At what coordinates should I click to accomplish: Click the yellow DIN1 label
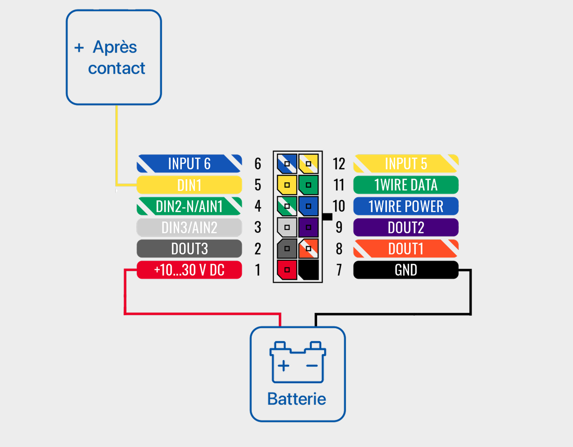pyautogui.click(x=189, y=185)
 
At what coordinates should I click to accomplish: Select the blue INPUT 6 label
pyautogui.click(x=189, y=163)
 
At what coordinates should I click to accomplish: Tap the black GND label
pyautogui.click(x=406, y=270)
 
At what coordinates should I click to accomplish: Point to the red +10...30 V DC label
pyautogui.click(x=189, y=270)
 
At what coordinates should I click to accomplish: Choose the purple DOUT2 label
pyautogui.click(x=406, y=227)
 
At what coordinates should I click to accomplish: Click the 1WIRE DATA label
pyautogui.click(x=406, y=185)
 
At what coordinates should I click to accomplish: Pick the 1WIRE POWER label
pyautogui.click(x=406, y=206)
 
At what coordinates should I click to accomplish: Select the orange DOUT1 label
pyautogui.click(x=406, y=249)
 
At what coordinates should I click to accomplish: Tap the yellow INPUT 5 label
pyautogui.click(x=406, y=163)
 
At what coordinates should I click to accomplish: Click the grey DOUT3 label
pyautogui.click(x=189, y=249)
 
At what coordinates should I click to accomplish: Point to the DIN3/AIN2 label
pyautogui.click(x=189, y=227)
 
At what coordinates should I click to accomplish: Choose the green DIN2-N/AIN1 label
pyautogui.click(x=189, y=206)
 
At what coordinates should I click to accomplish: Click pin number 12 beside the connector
pyautogui.click(x=339, y=164)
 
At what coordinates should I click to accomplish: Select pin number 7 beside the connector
pyautogui.click(x=339, y=270)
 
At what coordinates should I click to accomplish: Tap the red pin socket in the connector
pyautogui.click(x=287, y=270)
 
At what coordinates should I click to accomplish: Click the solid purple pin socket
pyautogui.click(x=308, y=227)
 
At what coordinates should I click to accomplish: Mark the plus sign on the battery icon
pyautogui.click(x=283, y=366)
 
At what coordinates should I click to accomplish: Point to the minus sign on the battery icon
pyautogui.click(x=312, y=366)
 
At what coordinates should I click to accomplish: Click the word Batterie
pyautogui.click(x=297, y=399)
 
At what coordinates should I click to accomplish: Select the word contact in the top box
pyautogui.click(x=117, y=68)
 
